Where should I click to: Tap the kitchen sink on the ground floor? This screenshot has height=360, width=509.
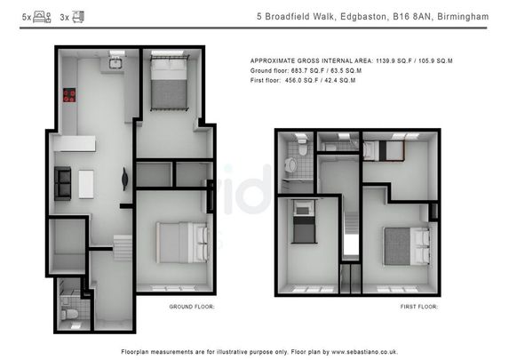[115, 61]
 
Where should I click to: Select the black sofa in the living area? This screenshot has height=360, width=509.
[63, 183]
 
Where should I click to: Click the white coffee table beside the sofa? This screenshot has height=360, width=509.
[86, 183]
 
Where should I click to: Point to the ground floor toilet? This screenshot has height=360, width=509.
[69, 303]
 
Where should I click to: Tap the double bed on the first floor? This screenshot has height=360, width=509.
[407, 244]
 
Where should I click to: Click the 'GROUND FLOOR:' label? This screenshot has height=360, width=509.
[192, 307]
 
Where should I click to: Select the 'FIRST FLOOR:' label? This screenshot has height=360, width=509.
[420, 307]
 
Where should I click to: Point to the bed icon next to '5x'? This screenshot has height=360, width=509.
[42, 16]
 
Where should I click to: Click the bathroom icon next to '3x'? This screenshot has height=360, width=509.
[77, 16]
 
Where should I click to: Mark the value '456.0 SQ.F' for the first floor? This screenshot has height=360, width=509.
[303, 81]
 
